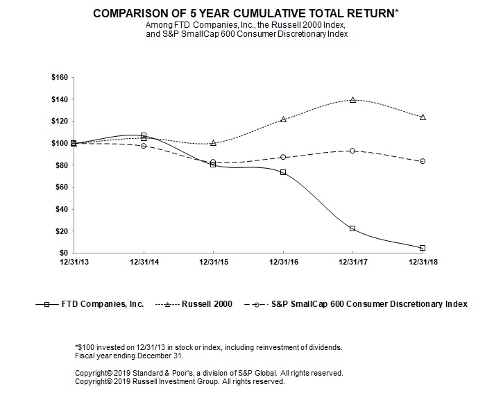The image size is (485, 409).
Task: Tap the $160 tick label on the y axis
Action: pyautogui.click(x=59, y=78)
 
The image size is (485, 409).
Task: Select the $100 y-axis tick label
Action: pyautogui.click(x=59, y=143)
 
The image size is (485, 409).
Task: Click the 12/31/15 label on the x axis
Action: pyautogui.click(x=213, y=262)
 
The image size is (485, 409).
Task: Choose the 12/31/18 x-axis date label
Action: pyautogui.click(x=422, y=262)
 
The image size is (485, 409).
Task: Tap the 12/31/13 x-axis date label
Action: pyautogui.click(x=74, y=262)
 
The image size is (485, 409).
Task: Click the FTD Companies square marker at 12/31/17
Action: pyautogui.click(x=352, y=228)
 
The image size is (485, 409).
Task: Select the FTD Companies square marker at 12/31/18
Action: pyautogui.click(x=422, y=248)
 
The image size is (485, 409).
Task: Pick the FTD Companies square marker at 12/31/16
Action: pyautogui.click(x=283, y=172)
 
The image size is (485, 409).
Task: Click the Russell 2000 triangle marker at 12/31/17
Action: pyautogui.click(x=352, y=99)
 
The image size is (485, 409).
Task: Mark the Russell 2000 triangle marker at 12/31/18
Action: pyautogui.click(x=422, y=117)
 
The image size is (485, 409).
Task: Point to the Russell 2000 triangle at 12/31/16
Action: pyautogui.click(x=283, y=119)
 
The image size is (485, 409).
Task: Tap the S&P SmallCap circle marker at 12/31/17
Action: pyautogui.click(x=352, y=151)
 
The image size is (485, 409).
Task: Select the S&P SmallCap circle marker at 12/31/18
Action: pyautogui.click(x=422, y=161)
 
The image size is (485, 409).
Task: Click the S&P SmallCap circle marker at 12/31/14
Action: pyautogui.click(x=144, y=146)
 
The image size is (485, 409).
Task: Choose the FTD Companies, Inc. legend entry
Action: pyautogui.click(x=90, y=304)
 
